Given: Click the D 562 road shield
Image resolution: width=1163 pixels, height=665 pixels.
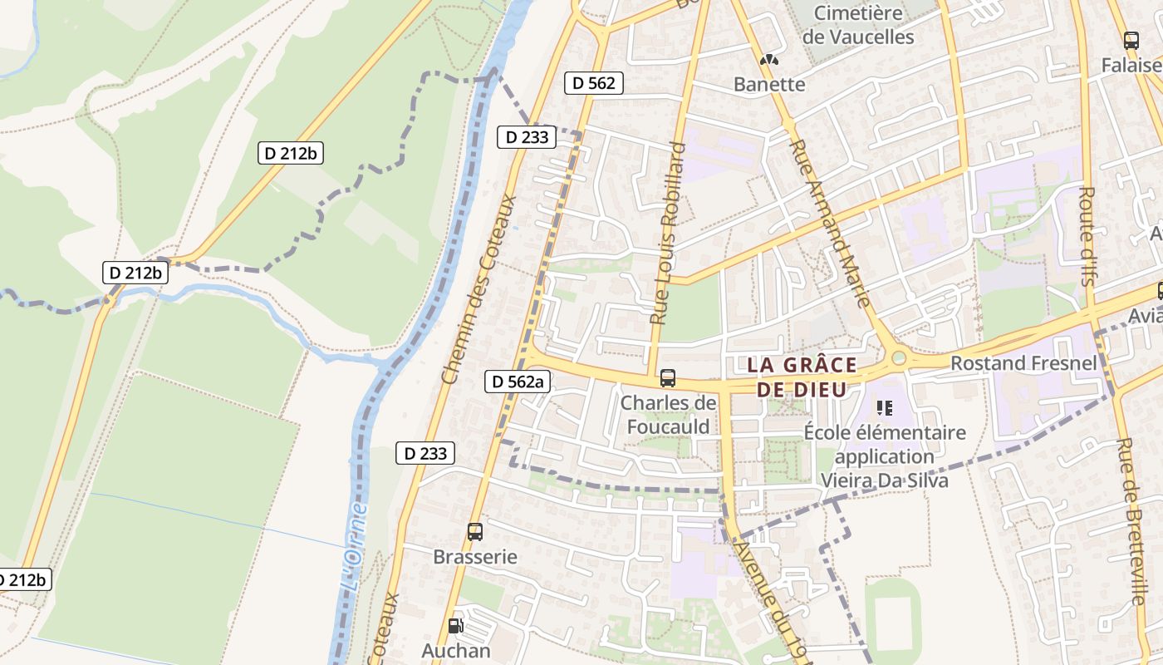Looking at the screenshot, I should [x=594, y=82].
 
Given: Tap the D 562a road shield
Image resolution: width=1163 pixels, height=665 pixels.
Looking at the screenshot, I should [x=517, y=382].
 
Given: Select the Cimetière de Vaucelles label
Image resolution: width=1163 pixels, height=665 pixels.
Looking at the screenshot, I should [x=858, y=25].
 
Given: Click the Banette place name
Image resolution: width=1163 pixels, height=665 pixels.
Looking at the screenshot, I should [x=769, y=84].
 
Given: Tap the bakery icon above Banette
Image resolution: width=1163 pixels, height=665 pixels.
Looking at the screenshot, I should [x=770, y=60].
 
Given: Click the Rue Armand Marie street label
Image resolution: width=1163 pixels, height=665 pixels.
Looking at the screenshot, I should [x=830, y=223].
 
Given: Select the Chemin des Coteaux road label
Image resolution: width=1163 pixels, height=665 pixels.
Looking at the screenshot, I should [x=479, y=289].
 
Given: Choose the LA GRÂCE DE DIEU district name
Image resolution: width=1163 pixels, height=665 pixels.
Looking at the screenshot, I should [x=802, y=377].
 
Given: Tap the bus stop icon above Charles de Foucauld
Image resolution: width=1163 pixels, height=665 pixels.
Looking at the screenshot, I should [x=668, y=378].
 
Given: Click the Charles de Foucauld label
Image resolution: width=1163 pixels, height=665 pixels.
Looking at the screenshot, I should [x=668, y=415].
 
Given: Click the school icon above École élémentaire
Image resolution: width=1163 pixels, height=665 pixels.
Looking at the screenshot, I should [x=885, y=407].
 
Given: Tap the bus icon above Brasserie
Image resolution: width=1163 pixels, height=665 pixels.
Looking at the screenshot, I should [x=475, y=532].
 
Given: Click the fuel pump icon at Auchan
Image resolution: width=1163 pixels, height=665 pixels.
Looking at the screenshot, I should [x=455, y=626].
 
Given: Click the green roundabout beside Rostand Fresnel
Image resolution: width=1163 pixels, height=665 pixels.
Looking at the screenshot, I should [x=898, y=358].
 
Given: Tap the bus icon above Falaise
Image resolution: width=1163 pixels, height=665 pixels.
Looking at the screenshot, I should [x=1131, y=40].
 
